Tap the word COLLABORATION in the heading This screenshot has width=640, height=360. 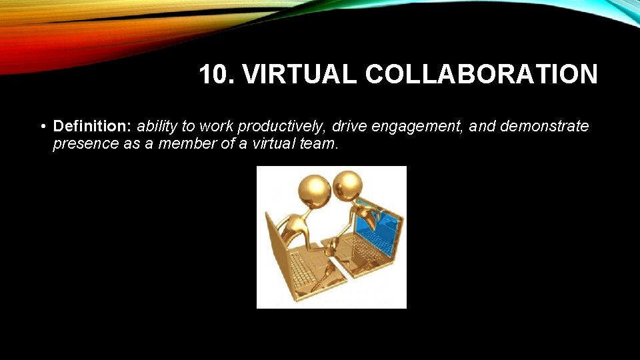[x=481, y=75]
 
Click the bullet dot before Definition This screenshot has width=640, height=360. [x=42, y=127]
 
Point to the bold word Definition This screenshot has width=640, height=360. [x=93, y=126]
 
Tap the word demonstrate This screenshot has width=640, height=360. [x=544, y=126]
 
